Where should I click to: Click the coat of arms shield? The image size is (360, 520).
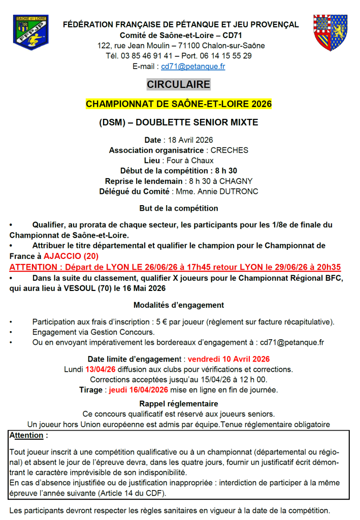[x=330, y=32]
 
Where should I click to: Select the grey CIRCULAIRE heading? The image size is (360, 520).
[x=178, y=84]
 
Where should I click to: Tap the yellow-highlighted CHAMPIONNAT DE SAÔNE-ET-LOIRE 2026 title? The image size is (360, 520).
[x=179, y=104]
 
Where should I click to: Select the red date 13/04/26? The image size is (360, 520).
[x=101, y=369]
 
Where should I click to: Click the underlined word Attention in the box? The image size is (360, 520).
[x=26, y=436]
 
